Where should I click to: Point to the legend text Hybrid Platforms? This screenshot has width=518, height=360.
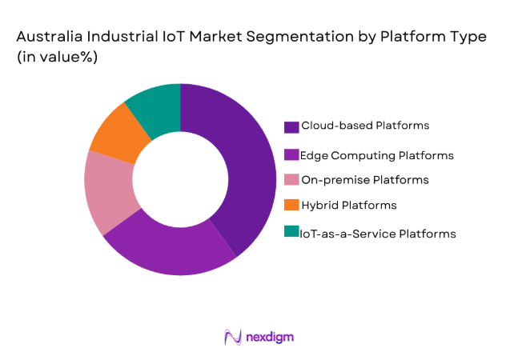[x=348, y=206]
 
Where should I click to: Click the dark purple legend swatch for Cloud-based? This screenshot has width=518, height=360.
[x=291, y=126]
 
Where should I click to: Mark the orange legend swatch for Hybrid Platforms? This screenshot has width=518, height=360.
[x=291, y=206]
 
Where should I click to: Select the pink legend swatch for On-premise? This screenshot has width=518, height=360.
[x=291, y=179]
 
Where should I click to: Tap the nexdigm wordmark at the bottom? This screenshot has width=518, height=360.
[x=270, y=337]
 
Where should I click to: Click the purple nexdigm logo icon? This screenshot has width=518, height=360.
[x=233, y=337]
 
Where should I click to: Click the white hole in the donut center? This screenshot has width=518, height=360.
[x=180, y=180]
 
